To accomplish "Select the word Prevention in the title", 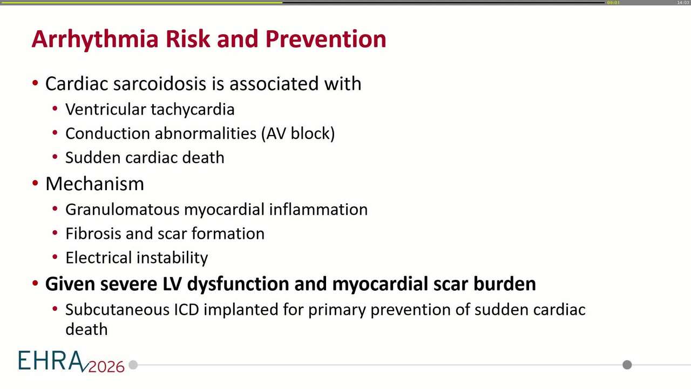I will click(x=326, y=39).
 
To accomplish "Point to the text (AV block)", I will click(x=298, y=133).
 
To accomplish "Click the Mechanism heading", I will click(x=94, y=184).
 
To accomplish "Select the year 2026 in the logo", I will click(x=106, y=366).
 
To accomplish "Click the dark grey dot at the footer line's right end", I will click(x=627, y=365).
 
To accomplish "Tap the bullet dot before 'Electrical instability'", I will click(x=55, y=257).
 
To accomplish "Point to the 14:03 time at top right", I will click(x=683, y=3).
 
